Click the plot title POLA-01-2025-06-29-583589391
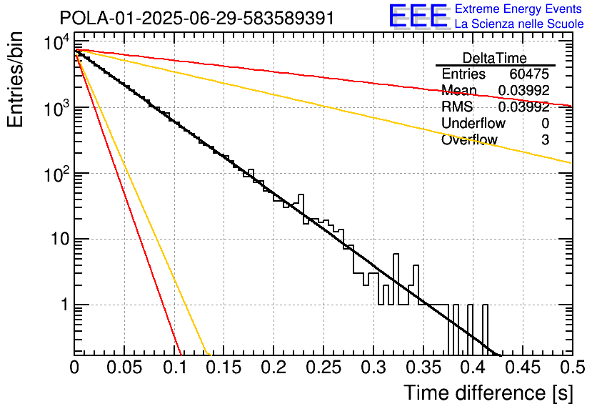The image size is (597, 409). tap(196, 18)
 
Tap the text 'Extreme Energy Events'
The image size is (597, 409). tap(518, 9)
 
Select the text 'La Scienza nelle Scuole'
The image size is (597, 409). tap(519, 24)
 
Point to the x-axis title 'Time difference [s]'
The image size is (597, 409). tap(487, 393)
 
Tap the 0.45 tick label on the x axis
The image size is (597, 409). tap(523, 368)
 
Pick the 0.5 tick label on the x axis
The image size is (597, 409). tap(571, 368)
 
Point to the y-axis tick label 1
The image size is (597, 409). tap(63, 305)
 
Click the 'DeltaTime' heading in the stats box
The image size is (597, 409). tap(494, 58)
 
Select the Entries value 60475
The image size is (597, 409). tap(529, 74)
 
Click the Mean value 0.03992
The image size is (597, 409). tap(523, 91)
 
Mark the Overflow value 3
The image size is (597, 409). tap(545, 140)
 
